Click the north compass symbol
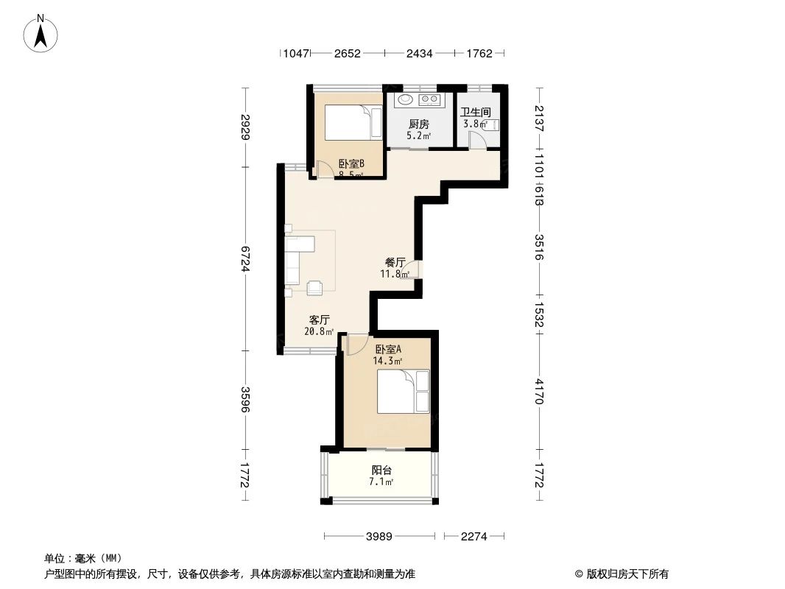coord(42,33)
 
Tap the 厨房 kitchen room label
coord(419,124)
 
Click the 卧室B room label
coord(351,163)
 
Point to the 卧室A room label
coord(388,349)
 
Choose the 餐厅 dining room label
coord(395,262)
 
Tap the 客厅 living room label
coord(319,320)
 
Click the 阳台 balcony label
coord(381,470)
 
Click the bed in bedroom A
coord(403,392)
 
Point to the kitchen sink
coord(405,99)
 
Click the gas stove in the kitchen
coord(429,99)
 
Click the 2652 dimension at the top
coord(347,53)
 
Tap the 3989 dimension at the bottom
coord(380,537)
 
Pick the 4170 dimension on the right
coord(539,391)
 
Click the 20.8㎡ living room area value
coord(319,331)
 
